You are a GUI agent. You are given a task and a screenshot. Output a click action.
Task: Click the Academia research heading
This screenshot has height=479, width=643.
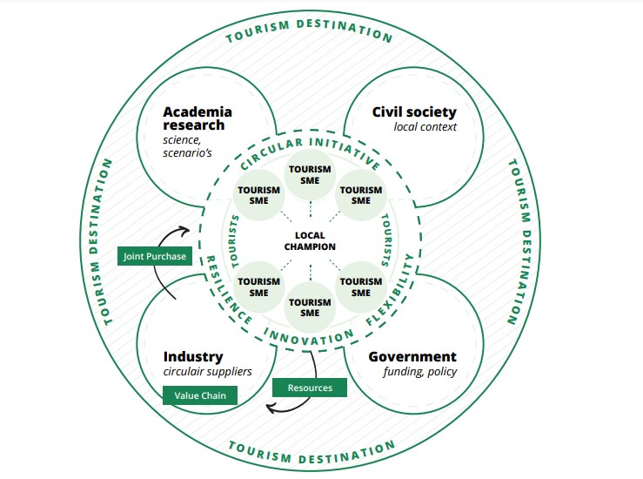198,118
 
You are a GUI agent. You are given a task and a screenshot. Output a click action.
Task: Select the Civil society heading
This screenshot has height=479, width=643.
414,112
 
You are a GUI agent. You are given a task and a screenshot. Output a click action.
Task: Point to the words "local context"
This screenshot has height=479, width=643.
425,127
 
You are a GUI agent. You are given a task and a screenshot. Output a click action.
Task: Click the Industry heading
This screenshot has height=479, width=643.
193,357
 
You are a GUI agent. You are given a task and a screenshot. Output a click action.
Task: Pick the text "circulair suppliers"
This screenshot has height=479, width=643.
208,372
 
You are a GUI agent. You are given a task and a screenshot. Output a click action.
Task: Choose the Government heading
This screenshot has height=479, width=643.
412,357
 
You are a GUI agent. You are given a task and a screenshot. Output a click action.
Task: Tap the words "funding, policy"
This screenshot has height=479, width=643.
420,372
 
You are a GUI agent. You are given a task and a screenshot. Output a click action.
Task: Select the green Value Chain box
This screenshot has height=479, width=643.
200,395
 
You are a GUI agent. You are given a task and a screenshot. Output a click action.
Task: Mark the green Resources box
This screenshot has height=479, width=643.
309,388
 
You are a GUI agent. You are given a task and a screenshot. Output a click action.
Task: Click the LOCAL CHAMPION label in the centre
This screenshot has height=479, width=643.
310,241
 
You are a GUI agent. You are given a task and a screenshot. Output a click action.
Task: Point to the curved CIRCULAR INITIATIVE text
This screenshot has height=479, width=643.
310,149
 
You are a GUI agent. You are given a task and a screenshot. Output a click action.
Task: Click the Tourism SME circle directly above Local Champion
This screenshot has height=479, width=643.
310,174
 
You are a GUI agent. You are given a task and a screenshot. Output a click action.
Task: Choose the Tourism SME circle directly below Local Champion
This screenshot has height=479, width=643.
310,307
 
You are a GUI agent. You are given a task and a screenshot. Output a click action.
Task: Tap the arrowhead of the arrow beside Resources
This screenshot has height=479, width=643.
271,407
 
